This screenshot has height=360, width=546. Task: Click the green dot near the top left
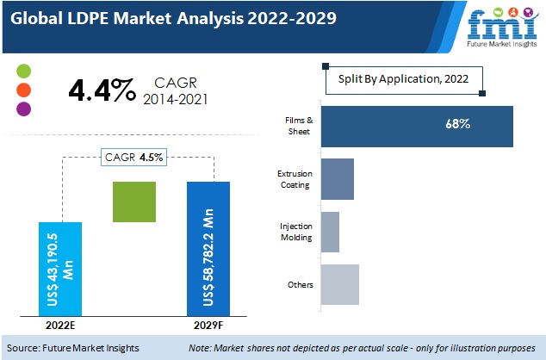(23, 71)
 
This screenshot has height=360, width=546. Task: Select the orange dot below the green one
(23, 90)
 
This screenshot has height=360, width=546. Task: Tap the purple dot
(23, 109)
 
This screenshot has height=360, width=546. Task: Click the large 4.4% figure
(101, 90)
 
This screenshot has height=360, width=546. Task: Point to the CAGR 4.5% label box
(135, 157)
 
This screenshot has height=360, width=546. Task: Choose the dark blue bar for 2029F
(208, 248)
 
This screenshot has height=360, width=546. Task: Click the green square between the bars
(134, 203)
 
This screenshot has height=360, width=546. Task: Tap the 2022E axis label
(61, 326)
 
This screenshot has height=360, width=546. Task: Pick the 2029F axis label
(209, 326)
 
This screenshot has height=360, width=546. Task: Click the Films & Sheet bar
(416, 126)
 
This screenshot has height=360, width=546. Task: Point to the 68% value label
(457, 125)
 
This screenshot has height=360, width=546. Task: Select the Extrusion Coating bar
(337, 179)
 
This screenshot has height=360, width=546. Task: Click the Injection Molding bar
(330, 232)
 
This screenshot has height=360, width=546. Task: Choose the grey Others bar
(339, 284)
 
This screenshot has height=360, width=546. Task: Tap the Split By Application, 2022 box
(404, 79)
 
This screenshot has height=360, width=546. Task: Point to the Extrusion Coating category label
(295, 179)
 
